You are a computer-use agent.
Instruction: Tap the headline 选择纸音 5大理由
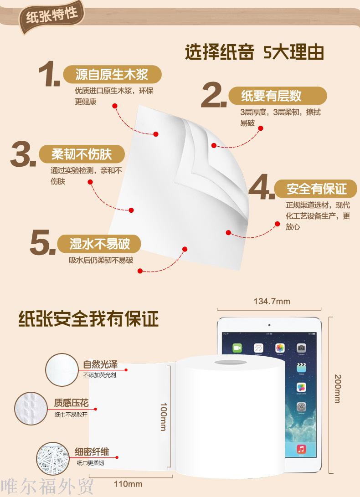click(254, 52)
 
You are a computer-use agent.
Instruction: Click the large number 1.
click(48, 74)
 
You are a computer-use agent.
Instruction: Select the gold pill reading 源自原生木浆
click(112, 75)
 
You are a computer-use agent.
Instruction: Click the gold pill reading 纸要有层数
click(278, 96)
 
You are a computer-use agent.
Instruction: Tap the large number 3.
click(23, 154)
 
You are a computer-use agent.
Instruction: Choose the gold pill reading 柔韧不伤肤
click(82, 154)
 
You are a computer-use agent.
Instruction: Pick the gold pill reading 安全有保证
click(316, 189)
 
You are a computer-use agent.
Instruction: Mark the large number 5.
click(42, 242)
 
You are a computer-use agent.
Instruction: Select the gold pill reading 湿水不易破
click(99, 244)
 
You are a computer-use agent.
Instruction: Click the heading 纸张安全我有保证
click(88, 318)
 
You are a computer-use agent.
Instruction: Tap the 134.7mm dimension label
click(272, 301)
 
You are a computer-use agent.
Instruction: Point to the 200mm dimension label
click(338, 389)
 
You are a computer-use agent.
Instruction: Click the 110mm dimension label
click(128, 484)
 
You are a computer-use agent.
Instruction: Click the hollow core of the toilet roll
click(231, 362)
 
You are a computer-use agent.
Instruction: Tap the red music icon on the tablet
click(301, 449)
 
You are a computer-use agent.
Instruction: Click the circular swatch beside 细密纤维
click(53, 459)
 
